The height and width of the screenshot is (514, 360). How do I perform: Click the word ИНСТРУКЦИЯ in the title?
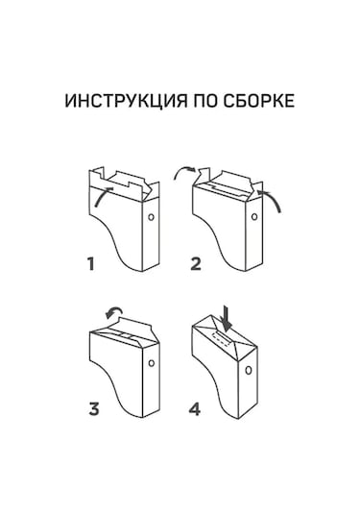[x=126, y=101]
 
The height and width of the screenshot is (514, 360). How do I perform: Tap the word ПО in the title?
[x=205, y=101]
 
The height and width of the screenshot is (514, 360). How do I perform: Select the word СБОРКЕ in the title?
[x=259, y=101]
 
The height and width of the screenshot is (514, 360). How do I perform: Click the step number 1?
[x=91, y=264]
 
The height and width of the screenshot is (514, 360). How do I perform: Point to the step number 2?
[x=196, y=264]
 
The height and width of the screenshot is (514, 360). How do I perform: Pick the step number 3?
[x=94, y=409]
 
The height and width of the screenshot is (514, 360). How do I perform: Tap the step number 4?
[x=195, y=409]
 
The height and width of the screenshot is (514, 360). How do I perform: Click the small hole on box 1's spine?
[x=151, y=217]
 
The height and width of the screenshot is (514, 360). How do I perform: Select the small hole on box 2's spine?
[x=254, y=217]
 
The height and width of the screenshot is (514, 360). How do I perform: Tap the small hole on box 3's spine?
[x=151, y=363]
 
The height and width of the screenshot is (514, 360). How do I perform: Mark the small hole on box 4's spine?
[x=249, y=371]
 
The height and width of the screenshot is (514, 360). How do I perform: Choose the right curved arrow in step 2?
[x=273, y=198]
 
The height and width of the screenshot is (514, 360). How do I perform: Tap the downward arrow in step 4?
[x=226, y=318]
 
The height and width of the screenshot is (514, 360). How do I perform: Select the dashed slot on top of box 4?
[x=221, y=338]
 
